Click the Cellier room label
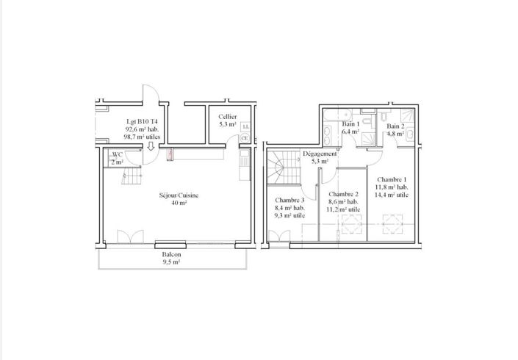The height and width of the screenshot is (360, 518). pos(228,117)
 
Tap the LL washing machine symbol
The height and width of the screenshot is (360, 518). pos(245,126)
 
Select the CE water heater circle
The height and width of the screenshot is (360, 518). pos(245,138)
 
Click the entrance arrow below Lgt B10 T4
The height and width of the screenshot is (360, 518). pos(151,146)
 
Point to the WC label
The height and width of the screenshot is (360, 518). pos(118,154)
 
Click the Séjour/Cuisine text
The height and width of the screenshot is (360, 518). pos(179,195)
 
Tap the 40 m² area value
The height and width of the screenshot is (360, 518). pos(179,203)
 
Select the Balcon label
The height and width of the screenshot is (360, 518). pos(171,255)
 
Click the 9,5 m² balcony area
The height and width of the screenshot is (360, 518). pos(171,262)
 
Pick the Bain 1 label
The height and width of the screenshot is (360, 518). pos(350,124)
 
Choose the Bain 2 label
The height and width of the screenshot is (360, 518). pos(395,126)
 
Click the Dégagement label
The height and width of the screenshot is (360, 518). pos(320,154)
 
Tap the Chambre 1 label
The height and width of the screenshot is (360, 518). pos(392,180)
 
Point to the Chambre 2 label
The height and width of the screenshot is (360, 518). pos(343,194)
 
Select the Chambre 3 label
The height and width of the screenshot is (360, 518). pos(289,200)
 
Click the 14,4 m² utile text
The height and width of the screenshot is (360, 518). pos(392,195)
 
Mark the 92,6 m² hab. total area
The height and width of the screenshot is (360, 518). pos(142,129)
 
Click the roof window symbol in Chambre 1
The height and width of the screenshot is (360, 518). pos(393,224)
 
